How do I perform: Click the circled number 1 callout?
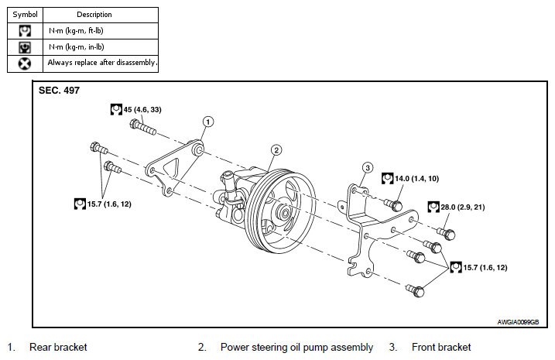tap(208, 122)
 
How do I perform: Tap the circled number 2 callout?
tap(276, 150)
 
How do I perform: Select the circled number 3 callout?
tap(368, 167)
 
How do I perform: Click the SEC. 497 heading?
tap(59, 91)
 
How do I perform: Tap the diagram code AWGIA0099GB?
tap(518, 322)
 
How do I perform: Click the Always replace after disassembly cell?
tap(101, 63)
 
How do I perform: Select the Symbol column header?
tap(25, 15)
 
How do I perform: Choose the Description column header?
tap(94, 15)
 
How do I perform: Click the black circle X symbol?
tap(25, 63)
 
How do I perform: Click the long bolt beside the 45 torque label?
tap(142, 127)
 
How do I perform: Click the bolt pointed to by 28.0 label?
tap(446, 233)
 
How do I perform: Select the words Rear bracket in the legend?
tap(58, 348)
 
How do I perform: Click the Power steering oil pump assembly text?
tap(296, 348)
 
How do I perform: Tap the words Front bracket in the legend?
tap(441, 348)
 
